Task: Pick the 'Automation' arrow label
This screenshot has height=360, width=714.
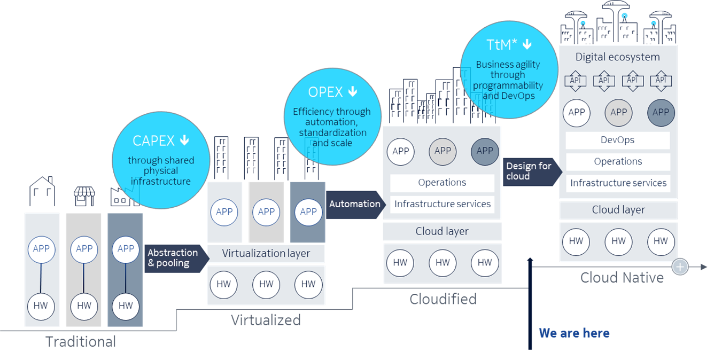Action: pyautogui.click(x=355, y=204)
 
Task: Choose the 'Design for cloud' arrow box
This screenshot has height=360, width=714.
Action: pyautogui.click(x=529, y=171)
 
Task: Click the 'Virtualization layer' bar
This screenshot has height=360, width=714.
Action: pyautogui.click(x=266, y=253)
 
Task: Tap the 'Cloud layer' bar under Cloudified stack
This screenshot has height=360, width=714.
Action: pyautogui.click(x=442, y=231)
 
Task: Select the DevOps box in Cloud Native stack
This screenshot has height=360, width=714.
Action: pyautogui.click(x=617, y=140)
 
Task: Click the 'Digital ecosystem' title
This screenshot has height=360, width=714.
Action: pyautogui.click(x=617, y=57)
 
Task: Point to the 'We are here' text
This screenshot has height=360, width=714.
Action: pyautogui.click(x=574, y=333)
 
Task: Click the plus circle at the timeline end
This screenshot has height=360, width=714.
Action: pyautogui.click(x=680, y=266)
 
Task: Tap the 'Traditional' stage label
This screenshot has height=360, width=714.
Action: pyautogui.click(x=81, y=341)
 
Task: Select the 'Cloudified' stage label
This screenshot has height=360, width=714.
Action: pyautogui.click(x=443, y=299)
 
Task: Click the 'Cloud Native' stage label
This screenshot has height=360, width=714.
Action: pyautogui.click(x=622, y=278)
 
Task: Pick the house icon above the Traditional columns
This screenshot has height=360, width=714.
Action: pyautogui.click(x=42, y=192)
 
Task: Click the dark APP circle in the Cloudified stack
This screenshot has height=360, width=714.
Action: pyautogui.click(x=484, y=151)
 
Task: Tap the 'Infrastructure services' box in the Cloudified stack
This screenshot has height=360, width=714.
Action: pyautogui.click(x=442, y=204)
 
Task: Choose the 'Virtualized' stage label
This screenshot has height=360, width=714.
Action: pyautogui.click(x=266, y=320)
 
